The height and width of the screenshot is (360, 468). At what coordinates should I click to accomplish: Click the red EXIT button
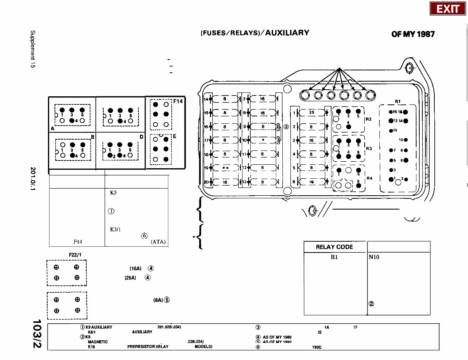(448, 9)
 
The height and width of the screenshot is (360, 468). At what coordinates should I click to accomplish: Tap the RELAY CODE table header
(335, 247)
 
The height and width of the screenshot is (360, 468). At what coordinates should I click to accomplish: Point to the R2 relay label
(369, 119)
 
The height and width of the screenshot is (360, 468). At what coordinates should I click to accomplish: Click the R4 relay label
(369, 178)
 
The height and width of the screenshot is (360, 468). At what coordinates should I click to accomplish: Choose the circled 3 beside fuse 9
(286, 126)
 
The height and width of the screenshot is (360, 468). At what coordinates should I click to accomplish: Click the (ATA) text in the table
(158, 242)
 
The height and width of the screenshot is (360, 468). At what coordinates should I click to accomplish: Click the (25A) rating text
(130, 278)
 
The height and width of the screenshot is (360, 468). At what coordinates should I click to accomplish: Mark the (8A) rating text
(156, 300)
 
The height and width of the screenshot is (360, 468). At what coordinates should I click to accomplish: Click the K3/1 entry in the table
(116, 229)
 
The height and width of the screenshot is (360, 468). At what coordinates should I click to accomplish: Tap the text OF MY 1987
(413, 34)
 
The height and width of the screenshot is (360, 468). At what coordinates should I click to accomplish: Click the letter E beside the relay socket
(175, 136)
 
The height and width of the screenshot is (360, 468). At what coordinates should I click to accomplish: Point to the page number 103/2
(38, 334)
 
